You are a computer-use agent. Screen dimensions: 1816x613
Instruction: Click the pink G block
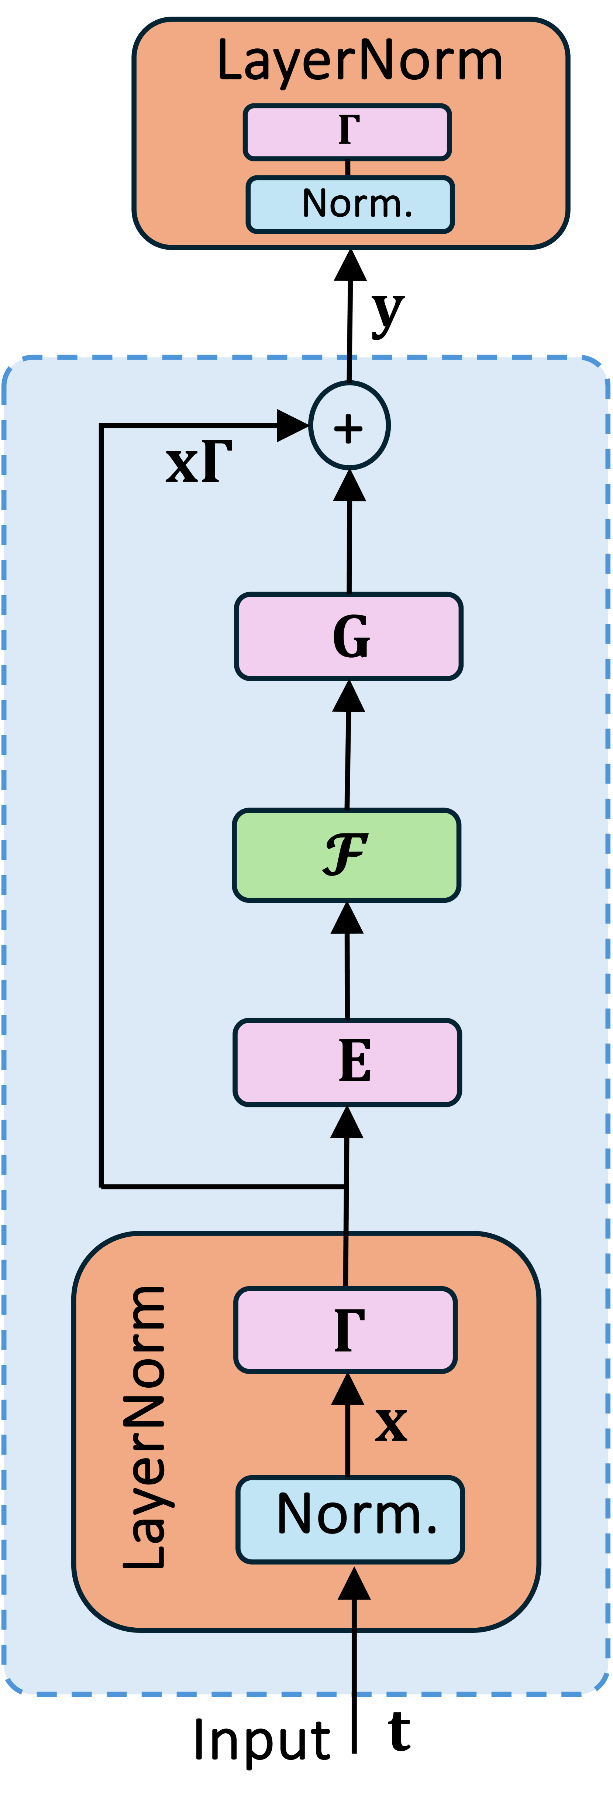[349, 637]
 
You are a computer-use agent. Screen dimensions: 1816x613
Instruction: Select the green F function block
[347, 855]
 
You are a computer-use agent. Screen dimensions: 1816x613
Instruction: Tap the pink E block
[347, 1062]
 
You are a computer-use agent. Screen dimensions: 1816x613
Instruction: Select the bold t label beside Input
[400, 1731]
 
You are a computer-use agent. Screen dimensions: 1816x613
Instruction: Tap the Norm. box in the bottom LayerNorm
[350, 1519]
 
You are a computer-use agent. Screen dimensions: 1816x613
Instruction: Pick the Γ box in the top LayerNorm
[347, 132]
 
